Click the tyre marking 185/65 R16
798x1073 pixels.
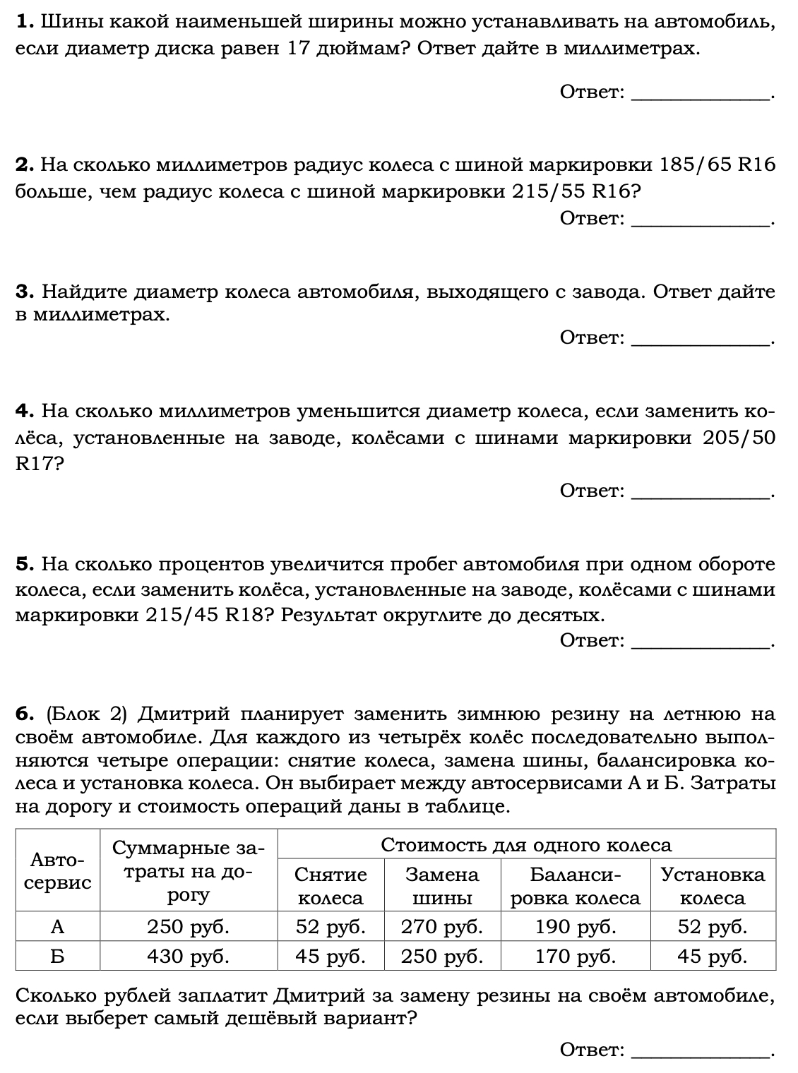pyautogui.click(x=716, y=165)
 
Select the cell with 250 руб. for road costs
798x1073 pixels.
pyautogui.click(x=188, y=926)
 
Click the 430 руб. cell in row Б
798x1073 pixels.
pyautogui.click(x=188, y=957)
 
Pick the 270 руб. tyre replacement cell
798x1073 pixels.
pyautogui.click(x=442, y=926)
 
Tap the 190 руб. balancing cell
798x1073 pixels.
pyautogui.click(x=576, y=926)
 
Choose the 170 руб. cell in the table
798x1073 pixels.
pyautogui.click(x=576, y=957)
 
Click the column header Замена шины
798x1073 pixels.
pyautogui.click(x=442, y=886)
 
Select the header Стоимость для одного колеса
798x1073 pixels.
pyautogui.click(x=526, y=845)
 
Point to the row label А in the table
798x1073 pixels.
pyautogui.click(x=58, y=926)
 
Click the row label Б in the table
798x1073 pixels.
pyautogui.click(x=58, y=957)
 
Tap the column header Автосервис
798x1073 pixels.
pyautogui.click(x=58, y=871)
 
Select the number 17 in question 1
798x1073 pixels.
pyautogui.click(x=301, y=49)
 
